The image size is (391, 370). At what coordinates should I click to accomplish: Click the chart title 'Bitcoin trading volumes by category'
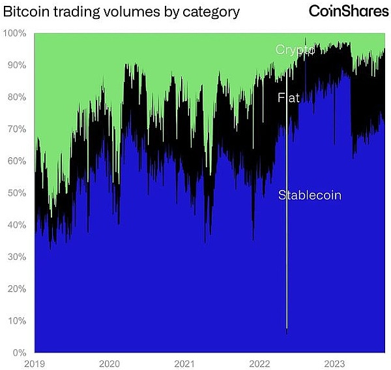(122, 12)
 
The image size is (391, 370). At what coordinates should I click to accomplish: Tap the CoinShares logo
(349, 12)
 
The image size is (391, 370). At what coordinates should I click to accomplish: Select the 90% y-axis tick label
(16, 65)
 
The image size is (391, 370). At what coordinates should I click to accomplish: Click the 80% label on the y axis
(16, 97)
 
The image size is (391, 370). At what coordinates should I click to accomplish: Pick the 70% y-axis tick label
(16, 129)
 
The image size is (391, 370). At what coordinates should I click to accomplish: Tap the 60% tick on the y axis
(16, 161)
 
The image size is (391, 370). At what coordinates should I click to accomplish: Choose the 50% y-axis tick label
(16, 193)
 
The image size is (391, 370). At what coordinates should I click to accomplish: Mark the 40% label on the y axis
(16, 225)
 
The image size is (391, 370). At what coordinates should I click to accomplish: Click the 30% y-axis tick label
(16, 257)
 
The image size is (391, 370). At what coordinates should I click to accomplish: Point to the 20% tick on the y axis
(16, 289)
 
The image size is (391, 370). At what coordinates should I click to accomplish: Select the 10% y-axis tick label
(16, 321)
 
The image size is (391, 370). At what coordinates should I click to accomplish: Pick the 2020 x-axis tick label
(109, 363)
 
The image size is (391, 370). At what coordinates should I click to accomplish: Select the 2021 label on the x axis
(184, 363)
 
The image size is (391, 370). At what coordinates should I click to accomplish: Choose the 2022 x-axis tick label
(259, 363)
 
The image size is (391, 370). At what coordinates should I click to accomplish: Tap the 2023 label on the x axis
(334, 363)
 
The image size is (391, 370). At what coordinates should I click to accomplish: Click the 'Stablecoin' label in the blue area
(310, 195)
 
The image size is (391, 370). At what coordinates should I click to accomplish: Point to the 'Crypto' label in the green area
(295, 50)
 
